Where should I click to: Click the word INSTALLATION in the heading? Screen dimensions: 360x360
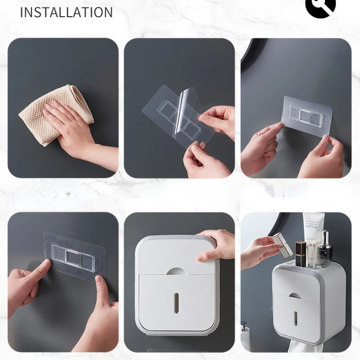point(66,12)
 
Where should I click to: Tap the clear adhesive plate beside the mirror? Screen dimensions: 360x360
point(306,116)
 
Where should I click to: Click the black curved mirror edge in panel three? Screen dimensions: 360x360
point(250,58)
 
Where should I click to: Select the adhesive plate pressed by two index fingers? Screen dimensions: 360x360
point(74,256)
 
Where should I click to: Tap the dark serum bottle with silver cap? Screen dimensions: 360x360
point(325,250)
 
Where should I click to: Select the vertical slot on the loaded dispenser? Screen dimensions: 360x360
point(296,318)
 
